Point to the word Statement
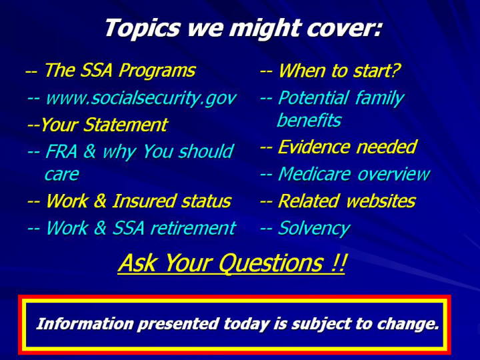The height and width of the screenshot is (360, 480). pos(125,125)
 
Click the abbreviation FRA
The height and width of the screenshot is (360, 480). pos(61,151)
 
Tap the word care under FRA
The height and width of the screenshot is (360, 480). pos(62,175)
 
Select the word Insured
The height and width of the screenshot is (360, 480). pos(143,201)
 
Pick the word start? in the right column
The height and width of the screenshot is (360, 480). pos(376,71)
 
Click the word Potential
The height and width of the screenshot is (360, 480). pos(313,98)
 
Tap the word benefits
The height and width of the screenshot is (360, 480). pos(309,120)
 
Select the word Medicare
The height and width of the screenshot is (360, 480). pos(314,174)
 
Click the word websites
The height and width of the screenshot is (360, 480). pos(381,201)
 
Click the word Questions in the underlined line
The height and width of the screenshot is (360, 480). pos(271,263)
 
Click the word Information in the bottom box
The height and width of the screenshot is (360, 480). pos(85,324)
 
